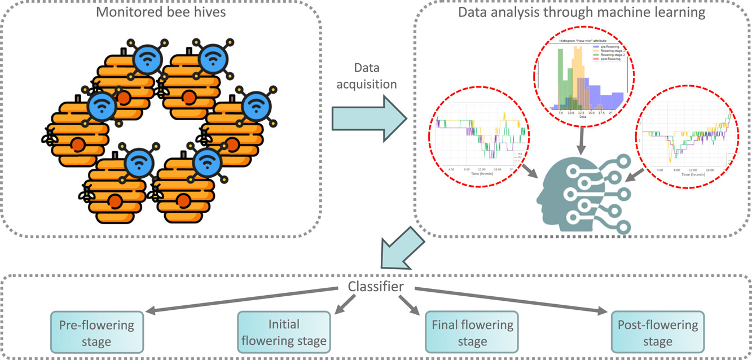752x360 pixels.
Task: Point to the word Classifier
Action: pos(376,287)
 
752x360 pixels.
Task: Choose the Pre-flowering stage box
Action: pos(96,333)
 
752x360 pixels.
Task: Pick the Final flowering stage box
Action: pos(472,333)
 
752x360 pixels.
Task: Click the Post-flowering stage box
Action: pos(657,333)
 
